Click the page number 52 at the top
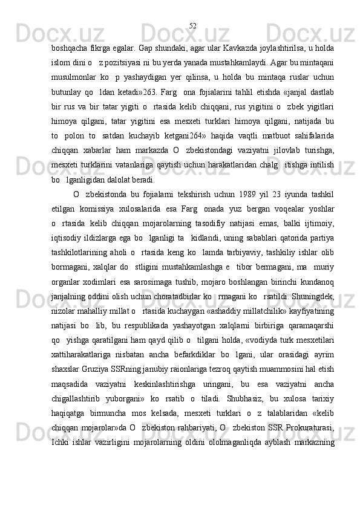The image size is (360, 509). click(x=192, y=25)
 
